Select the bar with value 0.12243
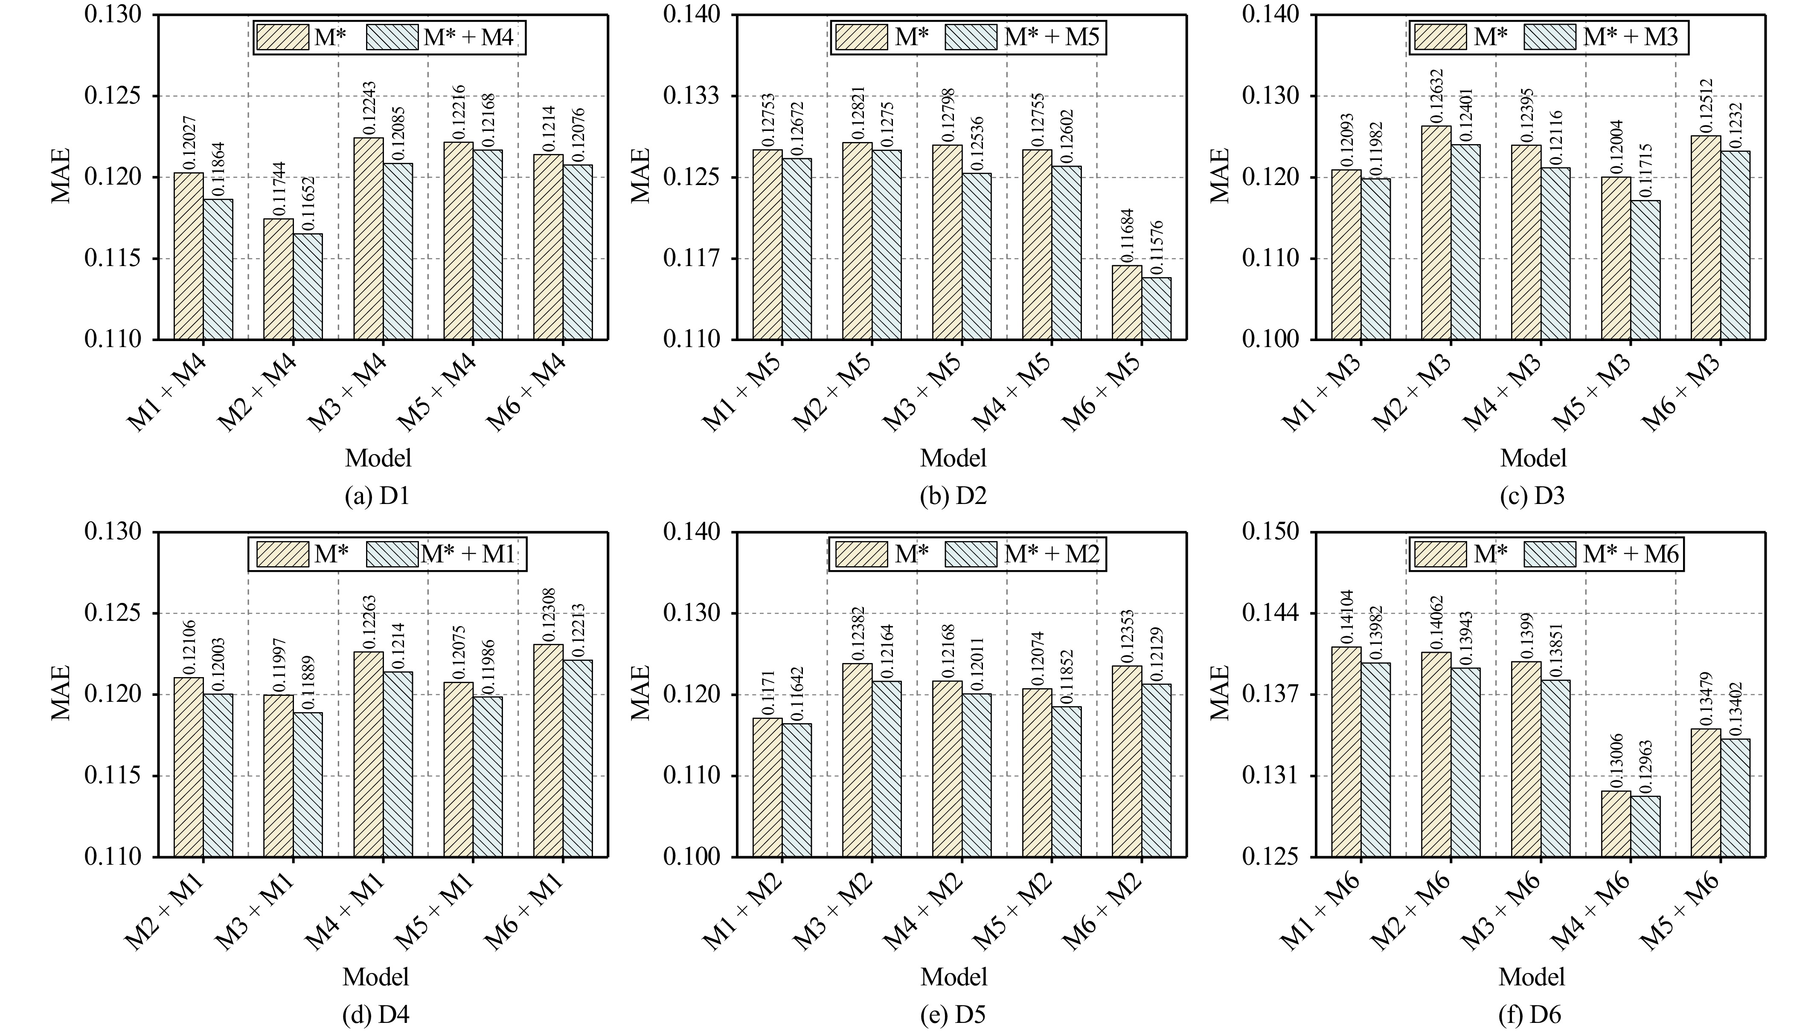(368, 239)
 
